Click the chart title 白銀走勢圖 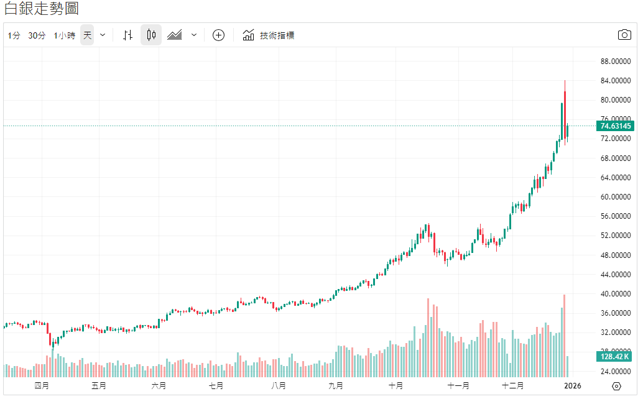(42, 9)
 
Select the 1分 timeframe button (14, 35)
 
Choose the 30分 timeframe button (37, 35)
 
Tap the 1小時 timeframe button (65, 35)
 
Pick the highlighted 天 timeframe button (87, 35)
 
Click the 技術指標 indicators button (269, 35)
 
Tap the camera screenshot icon (624, 35)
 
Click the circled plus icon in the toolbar (218, 35)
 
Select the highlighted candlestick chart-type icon (150, 35)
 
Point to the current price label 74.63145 (616, 126)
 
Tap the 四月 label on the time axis (42, 386)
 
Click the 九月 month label (335, 386)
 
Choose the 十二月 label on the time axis (512, 386)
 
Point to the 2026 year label (572, 386)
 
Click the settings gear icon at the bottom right (617, 386)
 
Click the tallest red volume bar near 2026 (564, 336)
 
